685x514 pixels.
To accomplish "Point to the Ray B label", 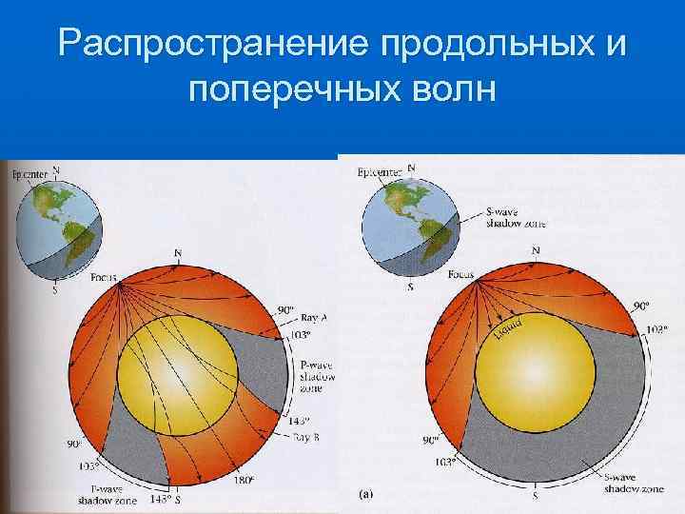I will (x=306, y=437).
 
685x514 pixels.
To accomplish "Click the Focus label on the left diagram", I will (x=105, y=280).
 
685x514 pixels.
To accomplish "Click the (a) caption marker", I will (x=366, y=495).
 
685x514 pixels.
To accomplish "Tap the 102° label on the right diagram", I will (x=656, y=328).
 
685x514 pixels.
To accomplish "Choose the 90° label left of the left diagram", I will (x=73, y=444).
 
